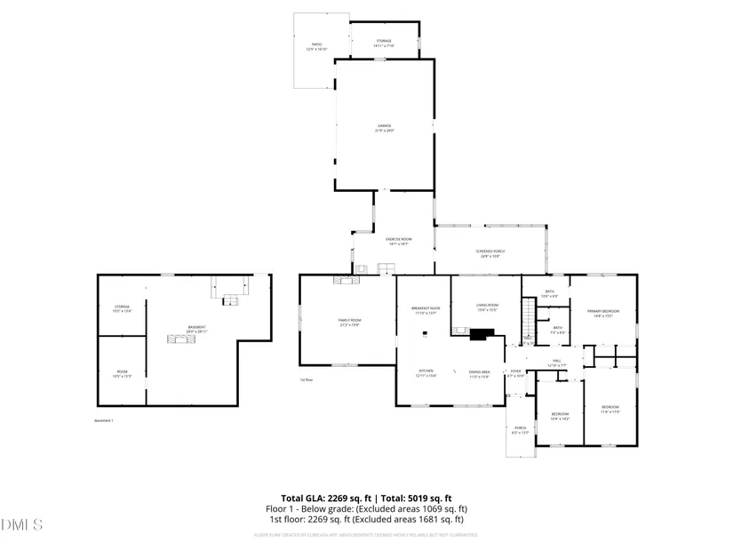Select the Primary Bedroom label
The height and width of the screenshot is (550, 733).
point(602,312)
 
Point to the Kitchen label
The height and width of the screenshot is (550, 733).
point(426,372)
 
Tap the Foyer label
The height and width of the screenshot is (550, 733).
point(515,372)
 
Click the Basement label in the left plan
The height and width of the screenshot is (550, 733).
point(196,329)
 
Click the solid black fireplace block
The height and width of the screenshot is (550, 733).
point(482,335)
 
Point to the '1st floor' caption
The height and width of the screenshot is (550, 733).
point(306,380)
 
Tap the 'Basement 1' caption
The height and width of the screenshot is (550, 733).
point(104,420)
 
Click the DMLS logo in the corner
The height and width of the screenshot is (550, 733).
point(22,525)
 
